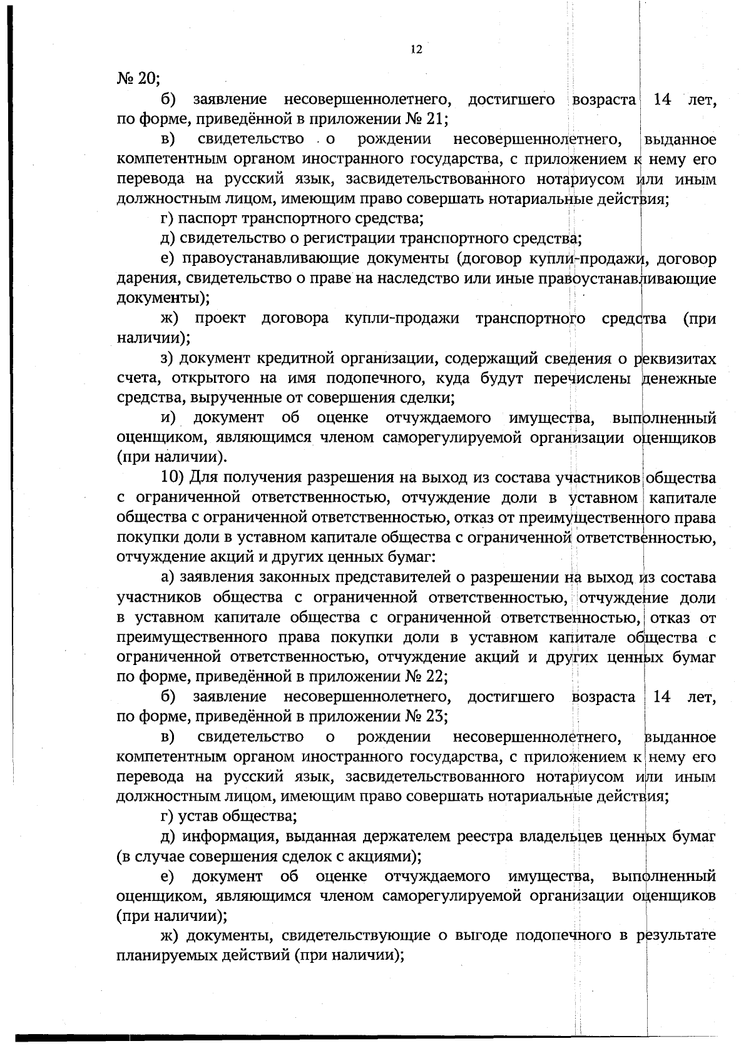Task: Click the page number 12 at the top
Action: click(416, 50)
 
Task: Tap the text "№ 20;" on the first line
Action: click(139, 79)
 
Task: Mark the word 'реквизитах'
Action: click(675, 358)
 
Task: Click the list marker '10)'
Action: click(172, 479)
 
